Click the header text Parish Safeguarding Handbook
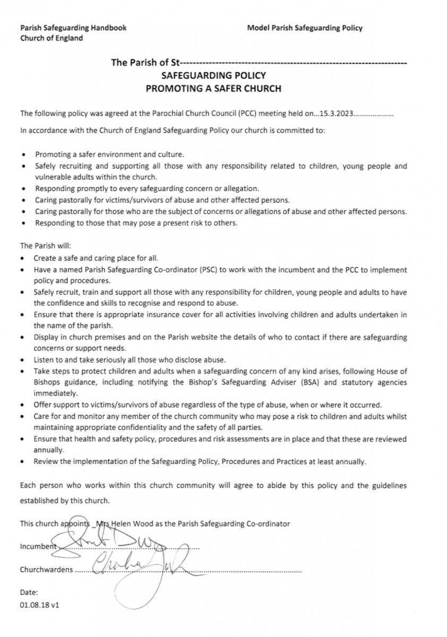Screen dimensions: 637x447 (73, 28)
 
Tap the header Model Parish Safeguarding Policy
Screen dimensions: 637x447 (305, 28)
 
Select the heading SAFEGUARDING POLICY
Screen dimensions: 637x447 (213, 76)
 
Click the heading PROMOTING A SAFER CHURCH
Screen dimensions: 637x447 (213, 88)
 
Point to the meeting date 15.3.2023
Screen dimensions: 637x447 (337, 113)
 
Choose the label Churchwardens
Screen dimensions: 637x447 (45, 570)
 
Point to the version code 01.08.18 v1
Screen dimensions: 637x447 (40, 604)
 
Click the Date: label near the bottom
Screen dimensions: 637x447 (29, 592)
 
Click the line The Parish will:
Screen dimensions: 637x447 (41, 246)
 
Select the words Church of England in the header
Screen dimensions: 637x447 (51, 38)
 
